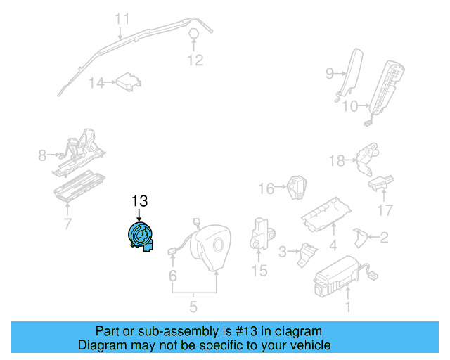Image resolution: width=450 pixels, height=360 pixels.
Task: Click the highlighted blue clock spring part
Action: pyautogui.click(x=140, y=236)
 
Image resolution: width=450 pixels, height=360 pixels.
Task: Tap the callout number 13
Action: pyautogui.click(x=139, y=201)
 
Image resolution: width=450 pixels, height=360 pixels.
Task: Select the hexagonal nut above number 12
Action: pyautogui.click(x=194, y=33)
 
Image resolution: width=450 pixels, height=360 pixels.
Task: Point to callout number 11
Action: pyautogui.click(x=122, y=19)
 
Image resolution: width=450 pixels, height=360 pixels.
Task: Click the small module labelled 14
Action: pyautogui.click(x=129, y=82)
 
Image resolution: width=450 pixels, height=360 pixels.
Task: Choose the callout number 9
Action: pyautogui.click(x=330, y=74)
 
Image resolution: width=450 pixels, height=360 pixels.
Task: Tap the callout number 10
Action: pyautogui.click(x=350, y=106)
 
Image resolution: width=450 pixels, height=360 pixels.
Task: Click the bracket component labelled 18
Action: pyautogui.click(x=367, y=159)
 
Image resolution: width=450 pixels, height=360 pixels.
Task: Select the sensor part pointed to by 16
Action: pyautogui.click(x=297, y=188)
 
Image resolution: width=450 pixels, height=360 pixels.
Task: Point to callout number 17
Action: pyautogui.click(x=385, y=210)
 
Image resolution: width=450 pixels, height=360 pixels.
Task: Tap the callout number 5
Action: pyautogui.click(x=193, y=307)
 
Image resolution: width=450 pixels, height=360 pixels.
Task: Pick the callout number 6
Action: pyautogui.click(x=172, y=276)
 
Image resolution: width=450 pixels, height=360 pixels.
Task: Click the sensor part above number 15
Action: pyautogui.click(x=261, y=233)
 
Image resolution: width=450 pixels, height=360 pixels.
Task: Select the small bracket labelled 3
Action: pyautogui.click(x=307, y=255)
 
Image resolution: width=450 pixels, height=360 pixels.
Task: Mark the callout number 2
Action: pyautogui.click(x=384, y=238)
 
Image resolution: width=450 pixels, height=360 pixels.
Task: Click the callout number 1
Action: pyautogui.click(x=348, y=307)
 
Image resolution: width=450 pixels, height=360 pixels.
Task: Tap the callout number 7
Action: pyautogui.click(x=67, y=224)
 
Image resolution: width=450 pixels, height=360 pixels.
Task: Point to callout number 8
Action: pyautogui.click(x=42, y=155)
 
